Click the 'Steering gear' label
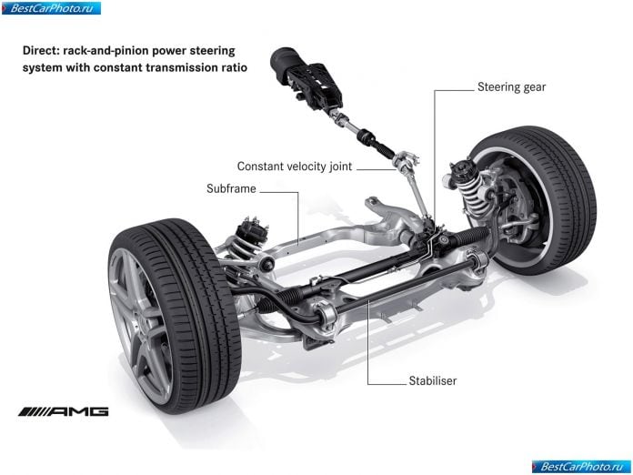click(511, 87)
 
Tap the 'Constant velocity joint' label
click(295, 167)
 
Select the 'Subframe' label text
click(231, 188)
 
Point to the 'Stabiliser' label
click(432, 381)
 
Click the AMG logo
click(64, 411)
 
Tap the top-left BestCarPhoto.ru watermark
click(51, 8)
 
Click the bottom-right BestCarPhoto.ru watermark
click(581, 467)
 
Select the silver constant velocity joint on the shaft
click(406, 162)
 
